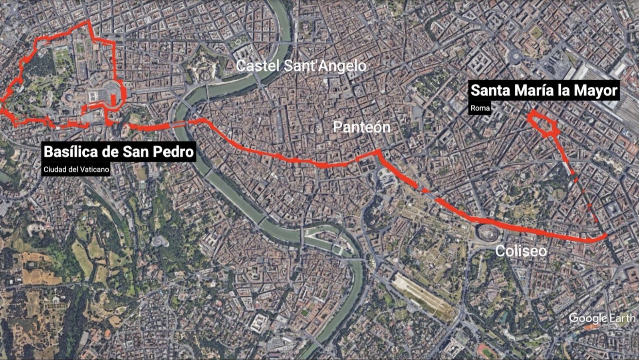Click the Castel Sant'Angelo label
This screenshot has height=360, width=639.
coord(301,66)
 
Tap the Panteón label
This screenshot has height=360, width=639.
coord(361,127)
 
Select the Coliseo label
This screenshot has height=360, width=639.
coord(521,251)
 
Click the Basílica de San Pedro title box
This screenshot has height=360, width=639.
coord(119,152)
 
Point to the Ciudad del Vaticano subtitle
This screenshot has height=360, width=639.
coord(76,169)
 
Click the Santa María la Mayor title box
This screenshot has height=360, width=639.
coord(544,90)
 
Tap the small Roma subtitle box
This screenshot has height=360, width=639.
coord(480,108)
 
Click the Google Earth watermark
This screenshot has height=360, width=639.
coord(602,318)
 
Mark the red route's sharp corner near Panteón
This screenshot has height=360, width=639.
coord(377,151)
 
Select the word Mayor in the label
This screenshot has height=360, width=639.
coord(596,90)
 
